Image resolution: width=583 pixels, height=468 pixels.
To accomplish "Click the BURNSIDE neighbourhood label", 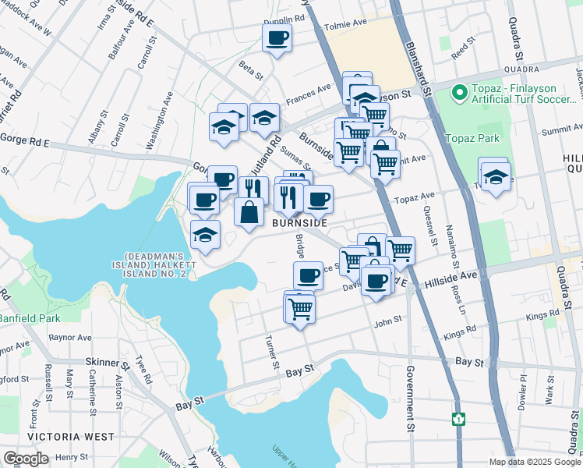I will (299, 223).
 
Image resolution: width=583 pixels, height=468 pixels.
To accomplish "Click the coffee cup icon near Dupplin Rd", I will (277, 38).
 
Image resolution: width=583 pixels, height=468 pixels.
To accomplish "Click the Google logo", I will (26, 459).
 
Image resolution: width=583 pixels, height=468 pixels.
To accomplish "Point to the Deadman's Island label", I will (156, 265).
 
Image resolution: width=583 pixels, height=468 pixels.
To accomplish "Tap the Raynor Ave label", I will (69, 338).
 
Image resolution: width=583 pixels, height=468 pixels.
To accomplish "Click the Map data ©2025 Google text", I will (535, 462).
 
